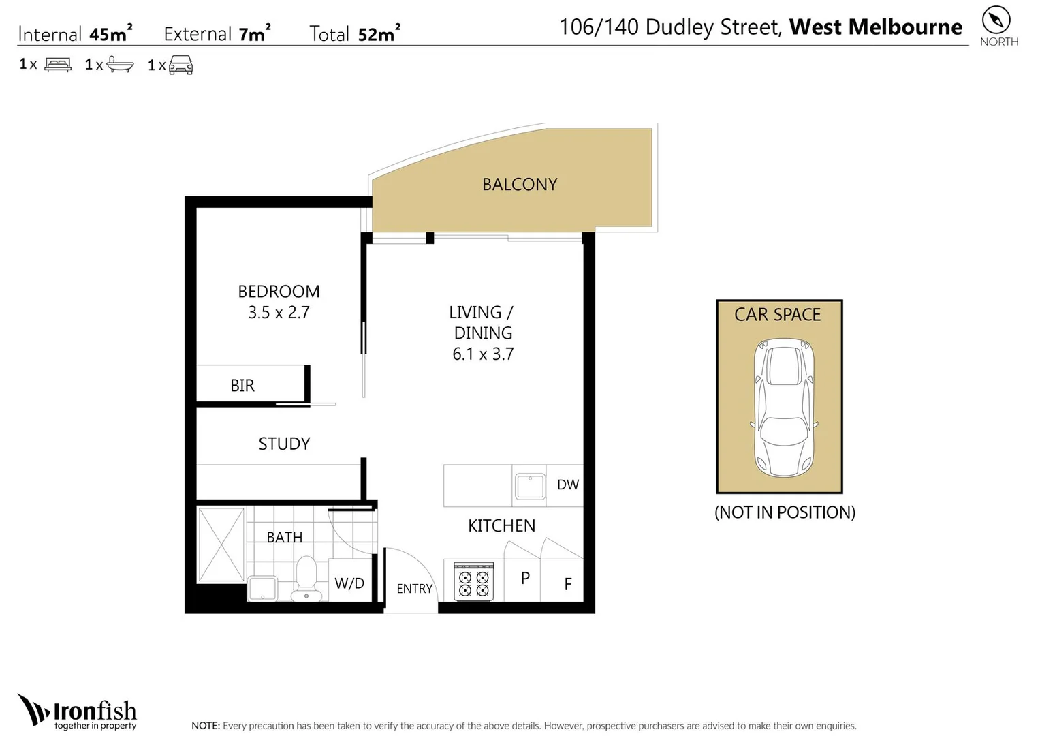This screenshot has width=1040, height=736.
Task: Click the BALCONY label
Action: tap(520, 185)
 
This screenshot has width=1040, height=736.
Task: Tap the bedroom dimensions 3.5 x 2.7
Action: tap(279, 313)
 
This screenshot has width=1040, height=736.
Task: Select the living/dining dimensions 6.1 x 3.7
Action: tap(483, 354)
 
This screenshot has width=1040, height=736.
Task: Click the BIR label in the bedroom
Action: tap(242, 386)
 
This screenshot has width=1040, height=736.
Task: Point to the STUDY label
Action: tap(284, 444)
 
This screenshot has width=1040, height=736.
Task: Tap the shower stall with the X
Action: tap(221, 545)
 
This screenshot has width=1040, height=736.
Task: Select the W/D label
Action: tap(349, 583)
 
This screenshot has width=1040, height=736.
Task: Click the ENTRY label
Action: tap(414, 589)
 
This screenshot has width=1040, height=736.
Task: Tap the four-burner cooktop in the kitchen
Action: tap(473, 582)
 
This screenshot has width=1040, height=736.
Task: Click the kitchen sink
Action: tap(530, 486)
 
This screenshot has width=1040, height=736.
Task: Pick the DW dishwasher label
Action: tap(567, 485)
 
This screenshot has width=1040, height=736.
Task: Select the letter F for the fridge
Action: tap(567, 584)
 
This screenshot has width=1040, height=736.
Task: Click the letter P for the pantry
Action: tap(525, 579)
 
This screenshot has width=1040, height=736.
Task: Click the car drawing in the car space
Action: tap(784, 408)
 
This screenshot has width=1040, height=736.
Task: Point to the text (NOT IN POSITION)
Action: tap(785, 512)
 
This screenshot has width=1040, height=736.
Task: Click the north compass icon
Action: tap(996, 20)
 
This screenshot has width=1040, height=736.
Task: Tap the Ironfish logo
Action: tap(78, 712)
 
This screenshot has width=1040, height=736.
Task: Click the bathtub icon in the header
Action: tap(120, 65)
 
